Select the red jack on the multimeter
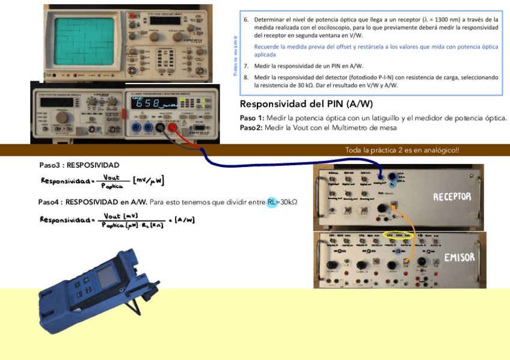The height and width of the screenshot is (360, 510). [172, 127]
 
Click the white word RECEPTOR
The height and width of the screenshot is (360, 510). [452, 197]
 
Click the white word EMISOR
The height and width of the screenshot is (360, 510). [459, 257]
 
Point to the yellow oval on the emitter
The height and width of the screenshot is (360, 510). [398, 236]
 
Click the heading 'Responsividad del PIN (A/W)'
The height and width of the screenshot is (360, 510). [306, 104]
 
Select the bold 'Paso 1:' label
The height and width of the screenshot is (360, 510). [252, 118]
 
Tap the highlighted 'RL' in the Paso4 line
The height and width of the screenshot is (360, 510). [273, 202]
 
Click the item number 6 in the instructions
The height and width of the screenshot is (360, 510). [246, 20]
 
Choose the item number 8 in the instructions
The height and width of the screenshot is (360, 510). [246, 78]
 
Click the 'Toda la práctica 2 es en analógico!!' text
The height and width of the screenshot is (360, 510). [402, 150]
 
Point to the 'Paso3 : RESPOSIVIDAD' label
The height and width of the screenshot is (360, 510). [79, 165]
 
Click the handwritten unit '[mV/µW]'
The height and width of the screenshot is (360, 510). [149, 180]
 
